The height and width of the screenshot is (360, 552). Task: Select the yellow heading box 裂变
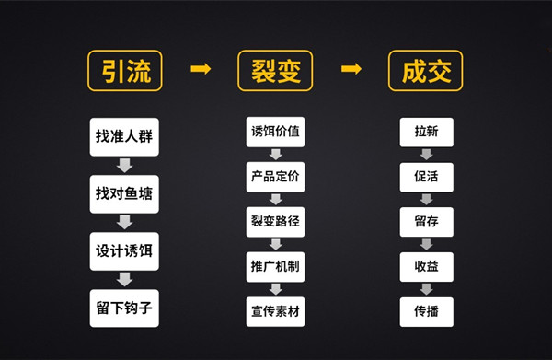[x=275, y=71]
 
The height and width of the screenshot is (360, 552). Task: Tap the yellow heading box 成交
[x=426, y=71]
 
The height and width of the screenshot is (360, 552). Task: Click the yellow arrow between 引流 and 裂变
[x=201, y=70]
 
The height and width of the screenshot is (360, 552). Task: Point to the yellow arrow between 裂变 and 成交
[x=351, y=70]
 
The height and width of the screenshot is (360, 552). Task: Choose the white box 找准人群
[x=124, y=135]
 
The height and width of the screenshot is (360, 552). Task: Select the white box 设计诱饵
[x=124, y=250]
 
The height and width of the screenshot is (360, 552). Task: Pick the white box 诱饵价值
[x=275, y=131]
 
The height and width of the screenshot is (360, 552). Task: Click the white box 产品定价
[x=275, y=176]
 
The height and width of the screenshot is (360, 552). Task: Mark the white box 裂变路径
[x=275, y=221]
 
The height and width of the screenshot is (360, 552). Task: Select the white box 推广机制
[x=275, y=265]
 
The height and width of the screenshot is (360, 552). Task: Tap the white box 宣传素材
[x=275, y=310]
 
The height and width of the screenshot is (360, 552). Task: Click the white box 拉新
[x=426, y=131]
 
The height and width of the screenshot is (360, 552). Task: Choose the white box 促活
[x=426, y=176]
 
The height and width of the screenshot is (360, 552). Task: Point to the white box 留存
[x=426, y=221]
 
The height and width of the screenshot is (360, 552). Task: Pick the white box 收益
[x=426, y=265]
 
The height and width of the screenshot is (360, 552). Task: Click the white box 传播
[x=426, y=310]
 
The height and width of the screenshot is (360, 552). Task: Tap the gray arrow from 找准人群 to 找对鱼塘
[x=125, y=165]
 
